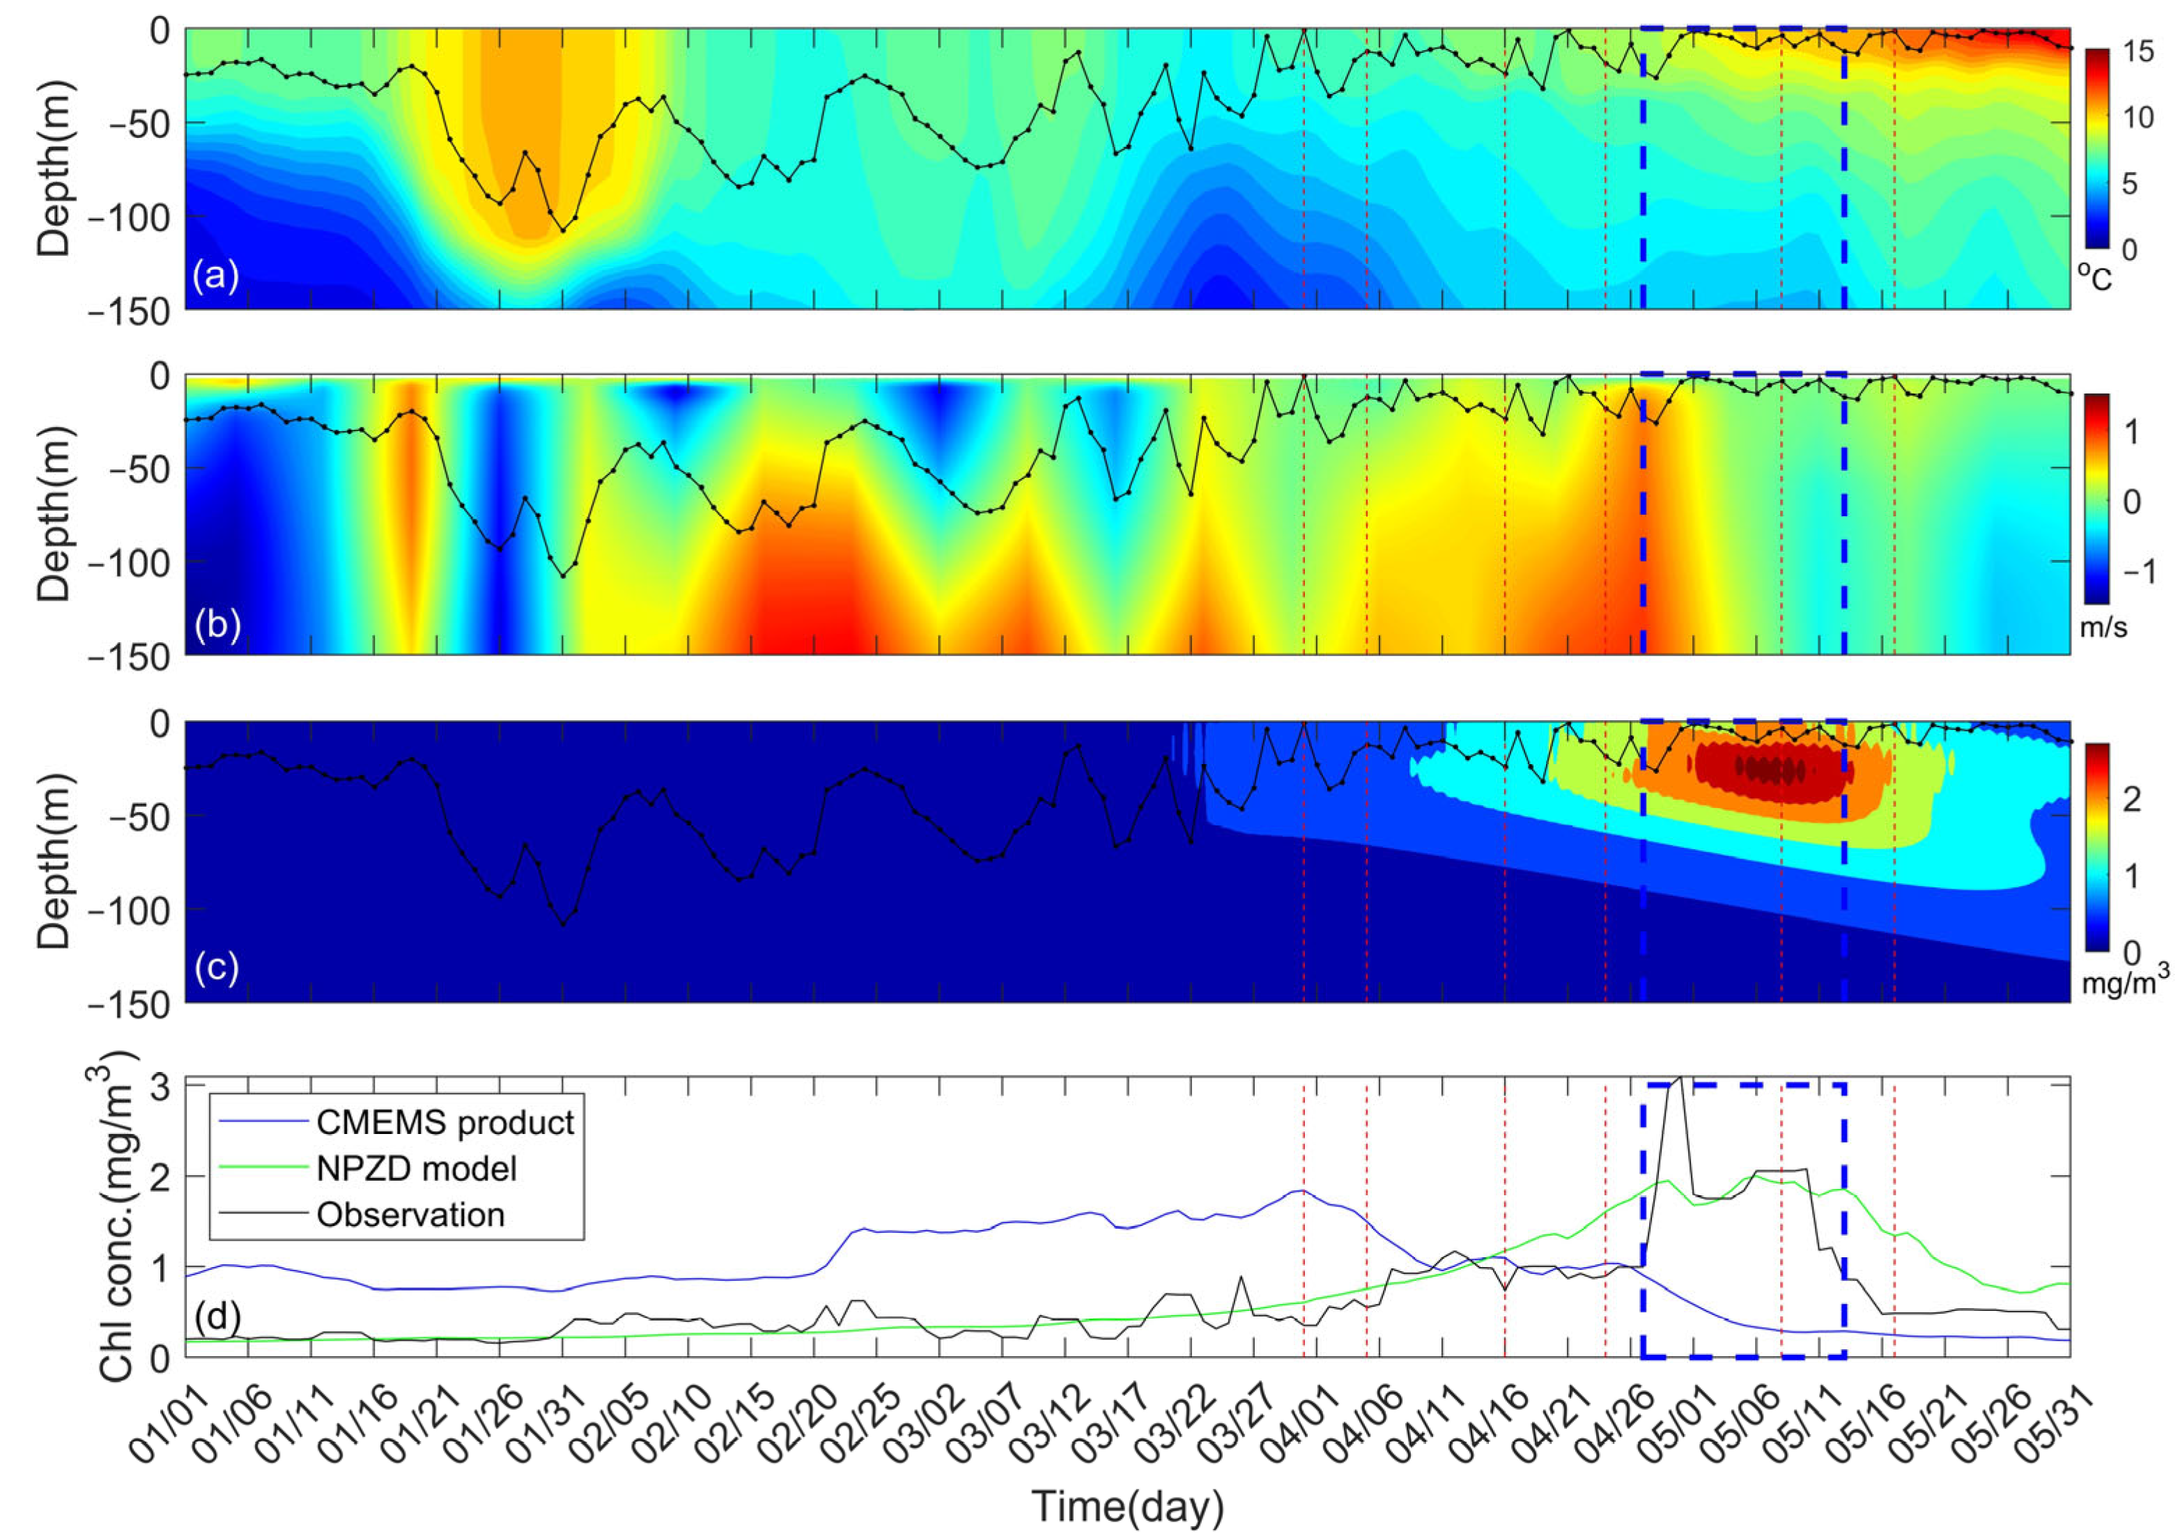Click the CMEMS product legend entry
[444, 1122]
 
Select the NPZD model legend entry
[416, 1169]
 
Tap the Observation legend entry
[410, 1215]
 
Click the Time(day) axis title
[1127, 1507]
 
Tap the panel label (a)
[215, 277]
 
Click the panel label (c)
[215, 968]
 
